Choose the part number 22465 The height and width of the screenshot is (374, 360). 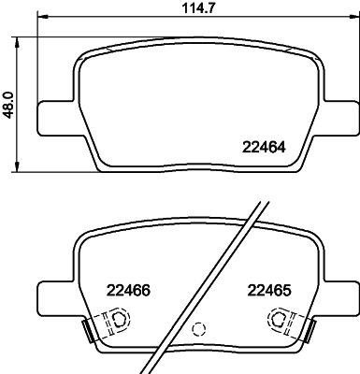pos(268,290)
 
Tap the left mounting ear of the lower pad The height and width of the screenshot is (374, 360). pos(50,296)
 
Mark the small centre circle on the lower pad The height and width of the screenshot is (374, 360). pos(197,329)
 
